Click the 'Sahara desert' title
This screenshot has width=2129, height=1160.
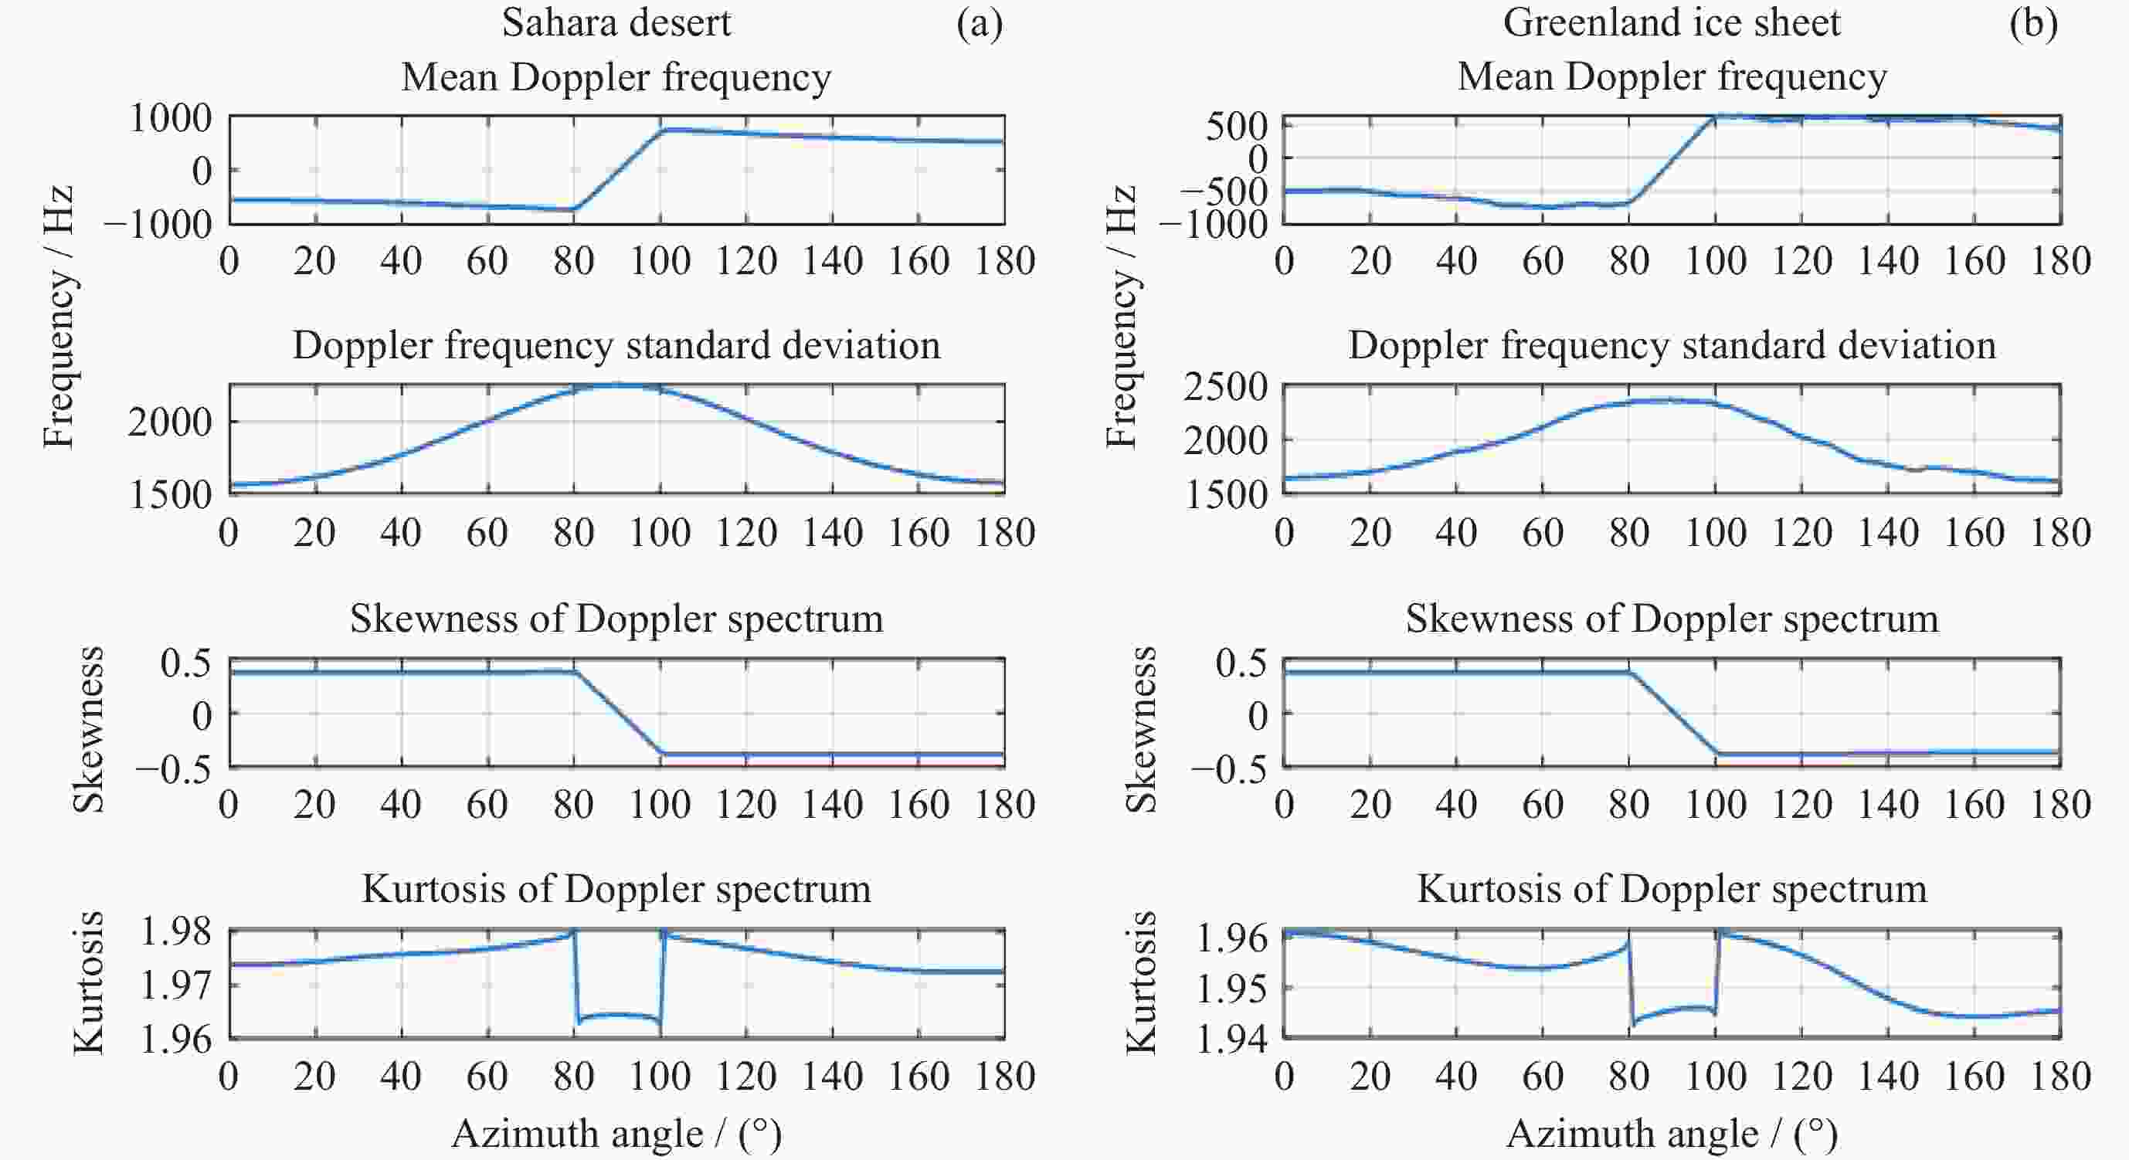click(616, 22)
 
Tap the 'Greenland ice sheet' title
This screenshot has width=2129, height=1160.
click(1671, 22)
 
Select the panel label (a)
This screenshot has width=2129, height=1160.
click(980, 23)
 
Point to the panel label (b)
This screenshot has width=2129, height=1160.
click(2034, 23)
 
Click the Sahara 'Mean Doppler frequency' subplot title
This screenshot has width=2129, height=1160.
click(616, 78)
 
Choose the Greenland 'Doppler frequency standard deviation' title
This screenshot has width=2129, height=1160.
click(1671, 345)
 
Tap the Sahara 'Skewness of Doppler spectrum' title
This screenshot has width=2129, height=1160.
click(616, 619)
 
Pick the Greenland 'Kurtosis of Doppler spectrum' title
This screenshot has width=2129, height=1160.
click(1671, 889)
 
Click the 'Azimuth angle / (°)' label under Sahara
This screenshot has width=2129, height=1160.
click(616, 1134)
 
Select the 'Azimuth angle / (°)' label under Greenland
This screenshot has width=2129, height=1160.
click(1671, 1134)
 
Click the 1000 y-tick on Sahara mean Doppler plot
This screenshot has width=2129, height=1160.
click(170, 118)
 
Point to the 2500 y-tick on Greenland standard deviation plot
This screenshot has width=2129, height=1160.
click(1225, 387)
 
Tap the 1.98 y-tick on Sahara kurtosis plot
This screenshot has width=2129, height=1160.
click(176, 932)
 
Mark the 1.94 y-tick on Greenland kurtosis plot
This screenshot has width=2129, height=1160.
click(1231, 1040)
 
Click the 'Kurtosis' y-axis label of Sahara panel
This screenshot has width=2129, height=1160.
click(88, 983)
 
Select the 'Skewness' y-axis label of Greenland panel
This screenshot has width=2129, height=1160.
click(1141, 731)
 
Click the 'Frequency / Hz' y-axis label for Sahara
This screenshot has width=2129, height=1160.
click(59, 317)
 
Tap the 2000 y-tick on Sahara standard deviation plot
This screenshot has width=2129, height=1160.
click(170, 422)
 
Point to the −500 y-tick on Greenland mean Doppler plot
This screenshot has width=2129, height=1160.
click(1223, 192)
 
